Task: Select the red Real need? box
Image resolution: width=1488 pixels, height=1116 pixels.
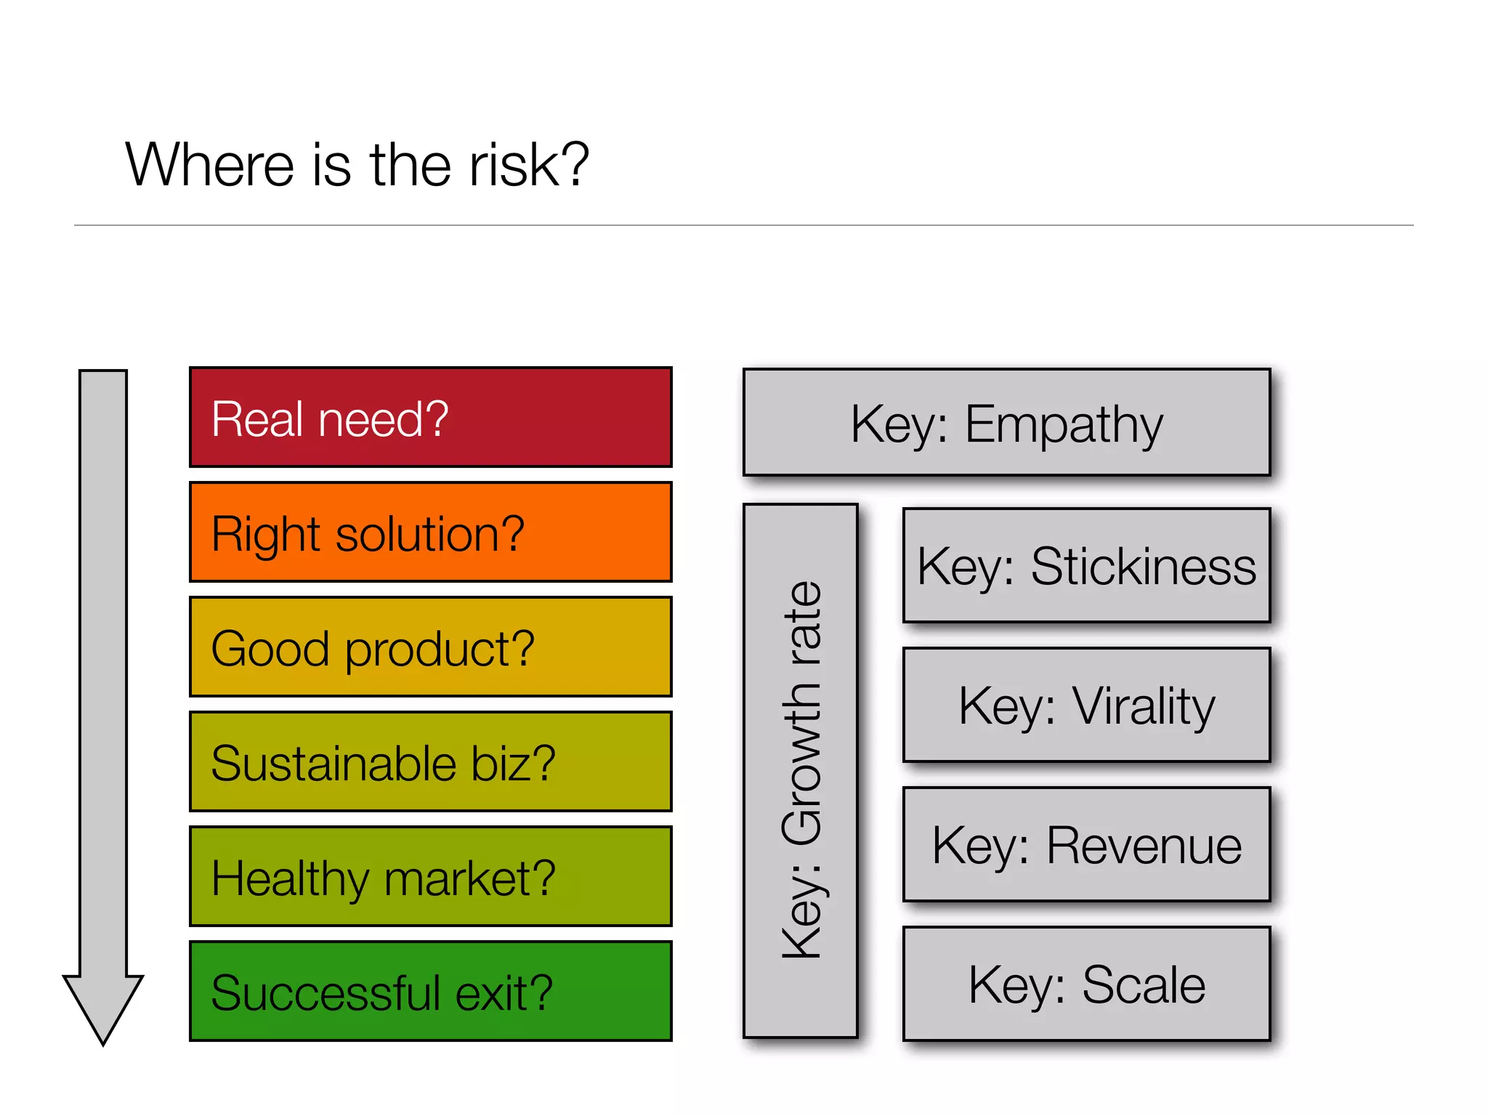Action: [x=430, y=418]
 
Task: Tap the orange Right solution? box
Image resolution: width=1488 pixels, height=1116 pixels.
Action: [x=430, y=533]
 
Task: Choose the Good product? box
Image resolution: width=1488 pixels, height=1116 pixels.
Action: [x=430, y=647]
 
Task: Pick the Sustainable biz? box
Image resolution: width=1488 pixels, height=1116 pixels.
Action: [x=430, y=762]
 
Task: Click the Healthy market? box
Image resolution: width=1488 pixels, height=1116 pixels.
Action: [x=430, y=877]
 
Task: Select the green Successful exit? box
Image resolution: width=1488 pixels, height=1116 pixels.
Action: [x=430, y=992]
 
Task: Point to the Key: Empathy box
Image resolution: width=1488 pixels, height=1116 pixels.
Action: [x=1006, y=423]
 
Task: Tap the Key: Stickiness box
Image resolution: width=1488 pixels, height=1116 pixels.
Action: [x=1086, y=565]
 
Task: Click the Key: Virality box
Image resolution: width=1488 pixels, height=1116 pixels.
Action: [x=1086, y=705]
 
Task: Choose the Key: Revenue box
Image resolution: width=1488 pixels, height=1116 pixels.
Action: [x=1086, y=844]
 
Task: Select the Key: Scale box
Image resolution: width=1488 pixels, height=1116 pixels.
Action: [x=1086, y=984]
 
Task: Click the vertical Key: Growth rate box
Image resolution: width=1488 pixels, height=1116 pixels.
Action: [x=801, y=770]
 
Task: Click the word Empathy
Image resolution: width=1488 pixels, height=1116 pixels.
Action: [x=1064, y=424]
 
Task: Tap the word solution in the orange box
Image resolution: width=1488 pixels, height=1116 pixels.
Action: [x=417, y=534]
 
